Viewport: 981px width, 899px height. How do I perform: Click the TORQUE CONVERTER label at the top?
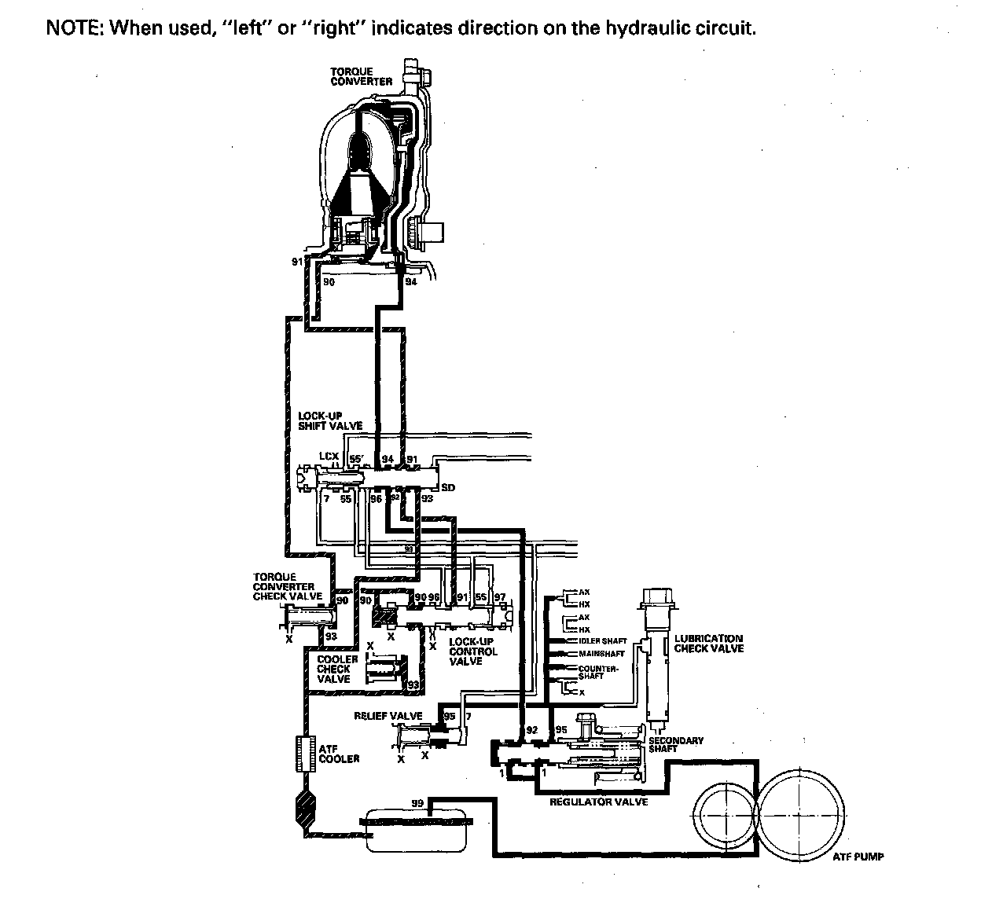point(361,76)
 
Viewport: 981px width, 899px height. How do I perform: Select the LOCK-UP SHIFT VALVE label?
point(330,420)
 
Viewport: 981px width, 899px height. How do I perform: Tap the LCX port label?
point(329,457)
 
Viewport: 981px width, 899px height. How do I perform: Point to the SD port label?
point(448,488)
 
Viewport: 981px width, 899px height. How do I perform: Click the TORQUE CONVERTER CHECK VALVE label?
point(287,587)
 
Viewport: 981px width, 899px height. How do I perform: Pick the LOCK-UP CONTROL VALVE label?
point(472,651)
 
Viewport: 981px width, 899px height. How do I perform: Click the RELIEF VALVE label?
point(388,716)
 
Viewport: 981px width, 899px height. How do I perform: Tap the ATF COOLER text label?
point(340,754)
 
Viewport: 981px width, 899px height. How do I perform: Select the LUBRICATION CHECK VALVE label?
point(708,644)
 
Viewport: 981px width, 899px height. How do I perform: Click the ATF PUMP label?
point(858,857)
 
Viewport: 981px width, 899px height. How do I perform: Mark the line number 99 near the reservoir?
point(418,803)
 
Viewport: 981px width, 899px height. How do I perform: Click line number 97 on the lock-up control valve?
point(500,598)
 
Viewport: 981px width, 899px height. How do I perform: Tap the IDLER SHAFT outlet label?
point(603,641)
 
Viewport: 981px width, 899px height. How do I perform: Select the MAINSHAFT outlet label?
point(601,654)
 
